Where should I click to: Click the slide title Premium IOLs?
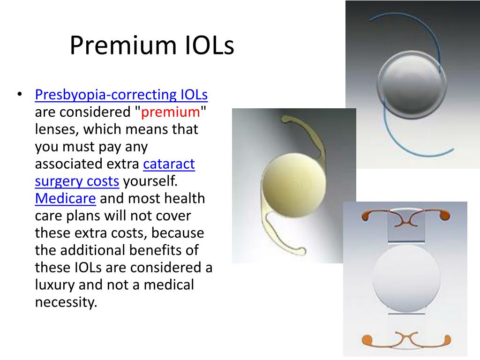(151, 46)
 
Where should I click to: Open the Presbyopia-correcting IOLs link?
(121, 95)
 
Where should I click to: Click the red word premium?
(171, 112)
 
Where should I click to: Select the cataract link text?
(169, 164)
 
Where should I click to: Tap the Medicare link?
(66, 198)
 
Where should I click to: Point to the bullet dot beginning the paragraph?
(20, 94)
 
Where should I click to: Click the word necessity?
(66, 302)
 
